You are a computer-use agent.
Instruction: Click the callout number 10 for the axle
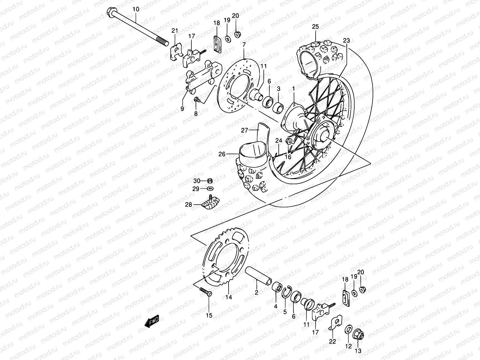136,9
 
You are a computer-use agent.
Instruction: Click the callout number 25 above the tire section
315,27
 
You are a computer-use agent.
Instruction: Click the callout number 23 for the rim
346,40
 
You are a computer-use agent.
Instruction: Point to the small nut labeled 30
210,181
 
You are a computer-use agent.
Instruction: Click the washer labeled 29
210,189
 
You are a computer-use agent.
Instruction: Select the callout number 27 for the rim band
244,130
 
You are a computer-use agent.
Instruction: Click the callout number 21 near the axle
175,30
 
